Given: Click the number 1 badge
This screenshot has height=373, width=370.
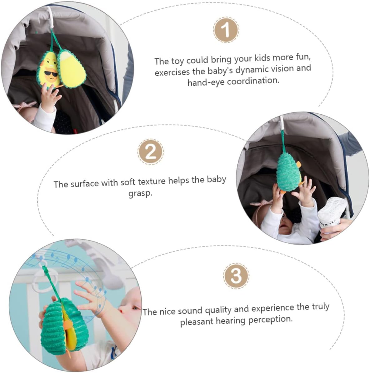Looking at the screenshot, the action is point(226,30).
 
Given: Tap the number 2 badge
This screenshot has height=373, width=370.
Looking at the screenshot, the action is point(150,152).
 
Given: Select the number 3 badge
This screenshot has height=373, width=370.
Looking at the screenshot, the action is point(236,276).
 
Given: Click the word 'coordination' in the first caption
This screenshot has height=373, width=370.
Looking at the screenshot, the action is point(253,81).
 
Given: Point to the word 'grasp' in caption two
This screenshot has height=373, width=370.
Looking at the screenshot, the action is point(140,193).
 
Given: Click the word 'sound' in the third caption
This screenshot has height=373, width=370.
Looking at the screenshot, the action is point(191,311).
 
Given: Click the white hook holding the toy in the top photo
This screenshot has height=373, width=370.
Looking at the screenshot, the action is point(50,19).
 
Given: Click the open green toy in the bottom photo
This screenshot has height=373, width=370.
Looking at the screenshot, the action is point(64,326).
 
